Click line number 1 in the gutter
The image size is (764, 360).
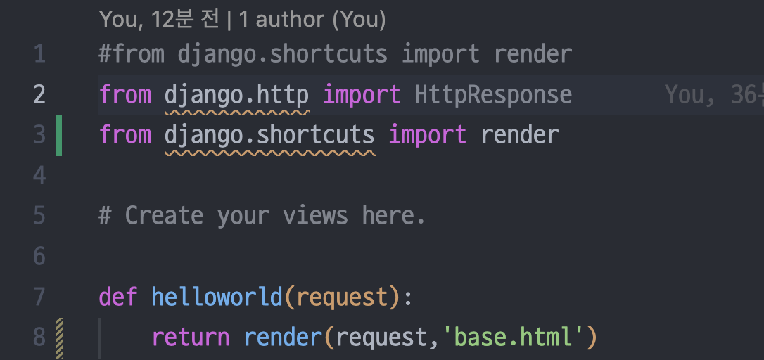[x=39, y=54]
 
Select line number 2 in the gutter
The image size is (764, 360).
[x=39, y=94]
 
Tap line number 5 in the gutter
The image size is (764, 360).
[x=39, y=215]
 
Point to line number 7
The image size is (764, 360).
[x=39, y=296]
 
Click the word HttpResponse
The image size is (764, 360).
[x=493, y=94]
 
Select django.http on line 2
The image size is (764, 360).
[x=237, y=94]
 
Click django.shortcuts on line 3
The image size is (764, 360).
[x=269, y=134]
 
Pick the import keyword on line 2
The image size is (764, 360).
[x=362, y=94]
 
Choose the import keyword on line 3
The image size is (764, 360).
[x=428, y=134]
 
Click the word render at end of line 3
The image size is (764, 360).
[x=520, y=134]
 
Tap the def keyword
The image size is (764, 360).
[x=118, y=296]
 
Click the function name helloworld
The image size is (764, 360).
[x=217, y=296]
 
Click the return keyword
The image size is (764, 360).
[x=191, y=337]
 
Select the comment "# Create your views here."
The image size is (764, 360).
[x=262, y=215]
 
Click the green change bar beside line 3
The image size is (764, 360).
[x=59, y=135]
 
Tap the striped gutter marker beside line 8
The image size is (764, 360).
[x=59, y=337]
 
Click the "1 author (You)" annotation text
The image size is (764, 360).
[x=312, y=19]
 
